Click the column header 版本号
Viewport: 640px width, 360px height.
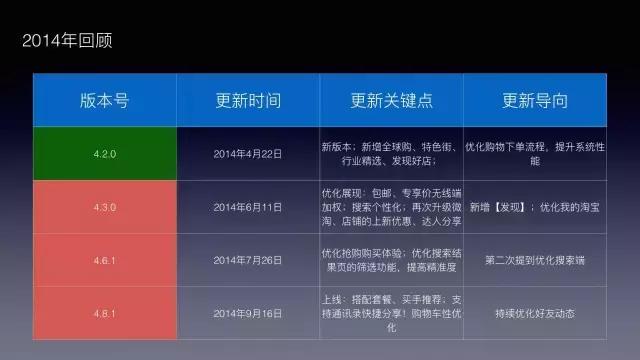[x=104, y=101]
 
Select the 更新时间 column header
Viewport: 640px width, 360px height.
[x=248, y=101]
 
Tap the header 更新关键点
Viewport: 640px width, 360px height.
[x=391, y=101]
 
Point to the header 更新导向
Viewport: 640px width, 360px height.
[x=535, y=101]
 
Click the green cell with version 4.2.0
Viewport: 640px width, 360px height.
[x=104, y=154]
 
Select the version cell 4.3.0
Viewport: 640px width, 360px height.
[x=104, y=207]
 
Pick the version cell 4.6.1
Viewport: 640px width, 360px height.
[x=104, y=260]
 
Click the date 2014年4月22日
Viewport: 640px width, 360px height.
[x=248, y=154]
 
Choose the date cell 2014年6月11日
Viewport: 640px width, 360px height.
[x=248, y=207]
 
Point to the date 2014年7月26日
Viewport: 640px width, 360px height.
[x=248, y=260]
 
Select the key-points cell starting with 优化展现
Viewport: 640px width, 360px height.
[x=391, y=207]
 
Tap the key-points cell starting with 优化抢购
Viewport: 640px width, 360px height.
[x=391, y=260]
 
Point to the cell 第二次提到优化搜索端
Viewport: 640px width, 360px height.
[x=535, y=260]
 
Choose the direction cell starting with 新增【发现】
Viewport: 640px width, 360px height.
[x=535, y=207]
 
